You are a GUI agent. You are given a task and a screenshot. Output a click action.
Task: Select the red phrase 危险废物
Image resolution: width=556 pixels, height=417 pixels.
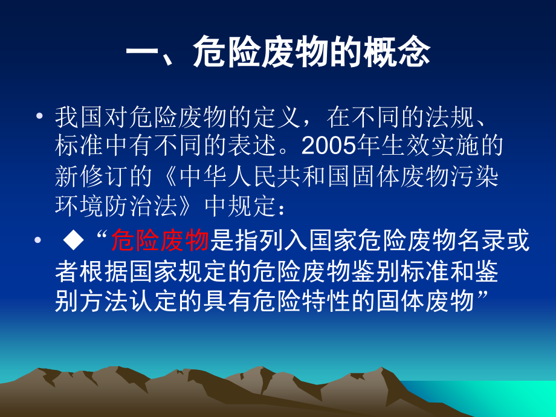click(160, 241)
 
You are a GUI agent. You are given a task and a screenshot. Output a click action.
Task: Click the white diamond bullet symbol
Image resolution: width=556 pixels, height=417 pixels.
click(73, 241)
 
